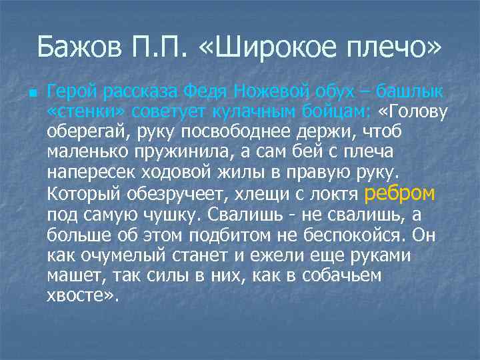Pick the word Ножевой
point(265,89)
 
